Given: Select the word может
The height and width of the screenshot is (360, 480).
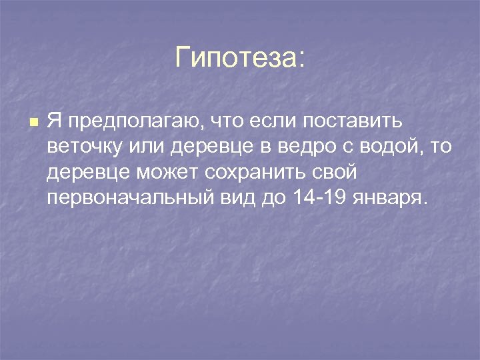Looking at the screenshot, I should pyautogui.click(x=169, y=173).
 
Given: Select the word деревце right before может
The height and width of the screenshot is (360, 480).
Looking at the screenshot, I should pyautogui.click(x=89, y=173).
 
